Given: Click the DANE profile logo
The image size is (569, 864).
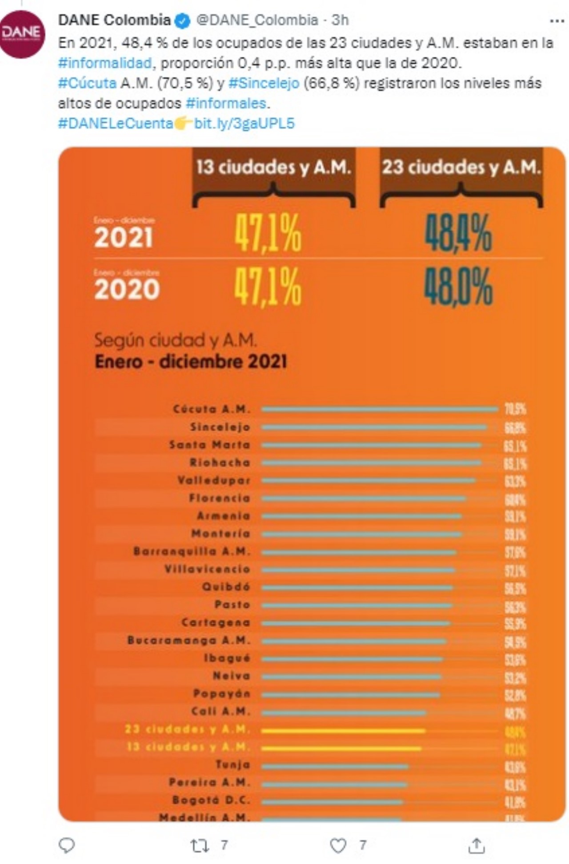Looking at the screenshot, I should [21, 34].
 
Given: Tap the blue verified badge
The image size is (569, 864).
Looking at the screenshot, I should [183, 20].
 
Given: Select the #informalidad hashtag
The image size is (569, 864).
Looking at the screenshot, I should [105, 63].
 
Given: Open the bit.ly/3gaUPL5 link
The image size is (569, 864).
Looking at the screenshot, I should [244, 123].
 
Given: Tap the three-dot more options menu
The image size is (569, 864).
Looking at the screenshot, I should [557, 20].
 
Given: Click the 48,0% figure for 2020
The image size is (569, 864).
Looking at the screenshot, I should [458, 287].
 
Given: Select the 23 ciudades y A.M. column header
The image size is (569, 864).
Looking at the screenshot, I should [461, 168].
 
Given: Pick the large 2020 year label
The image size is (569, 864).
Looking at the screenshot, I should [127, 289].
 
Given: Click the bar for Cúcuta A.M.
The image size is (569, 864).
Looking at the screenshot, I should [380, 409].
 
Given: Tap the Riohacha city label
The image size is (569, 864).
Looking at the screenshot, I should [220, 463].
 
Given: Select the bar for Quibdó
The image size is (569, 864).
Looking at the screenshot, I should [357, 588].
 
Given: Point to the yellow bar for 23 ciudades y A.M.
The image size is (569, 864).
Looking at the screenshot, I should [343, 730].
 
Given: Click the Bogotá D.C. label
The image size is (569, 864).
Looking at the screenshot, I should [211, 800].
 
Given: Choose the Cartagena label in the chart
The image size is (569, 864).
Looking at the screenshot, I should [216, 623].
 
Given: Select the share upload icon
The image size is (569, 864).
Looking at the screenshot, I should [476, 845].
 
